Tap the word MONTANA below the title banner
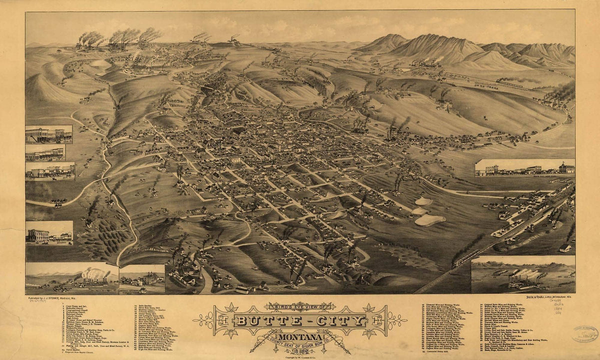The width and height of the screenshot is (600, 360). point(300,335)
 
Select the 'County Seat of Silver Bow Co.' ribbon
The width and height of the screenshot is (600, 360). point(300,343)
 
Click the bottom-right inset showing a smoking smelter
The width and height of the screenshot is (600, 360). point(523,275)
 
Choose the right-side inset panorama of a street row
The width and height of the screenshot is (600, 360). point(524,168)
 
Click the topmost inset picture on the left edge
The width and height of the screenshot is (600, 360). point(48,134)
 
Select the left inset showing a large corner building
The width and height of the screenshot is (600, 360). point(49,233)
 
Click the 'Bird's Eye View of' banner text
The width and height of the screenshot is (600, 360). point(300,306)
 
